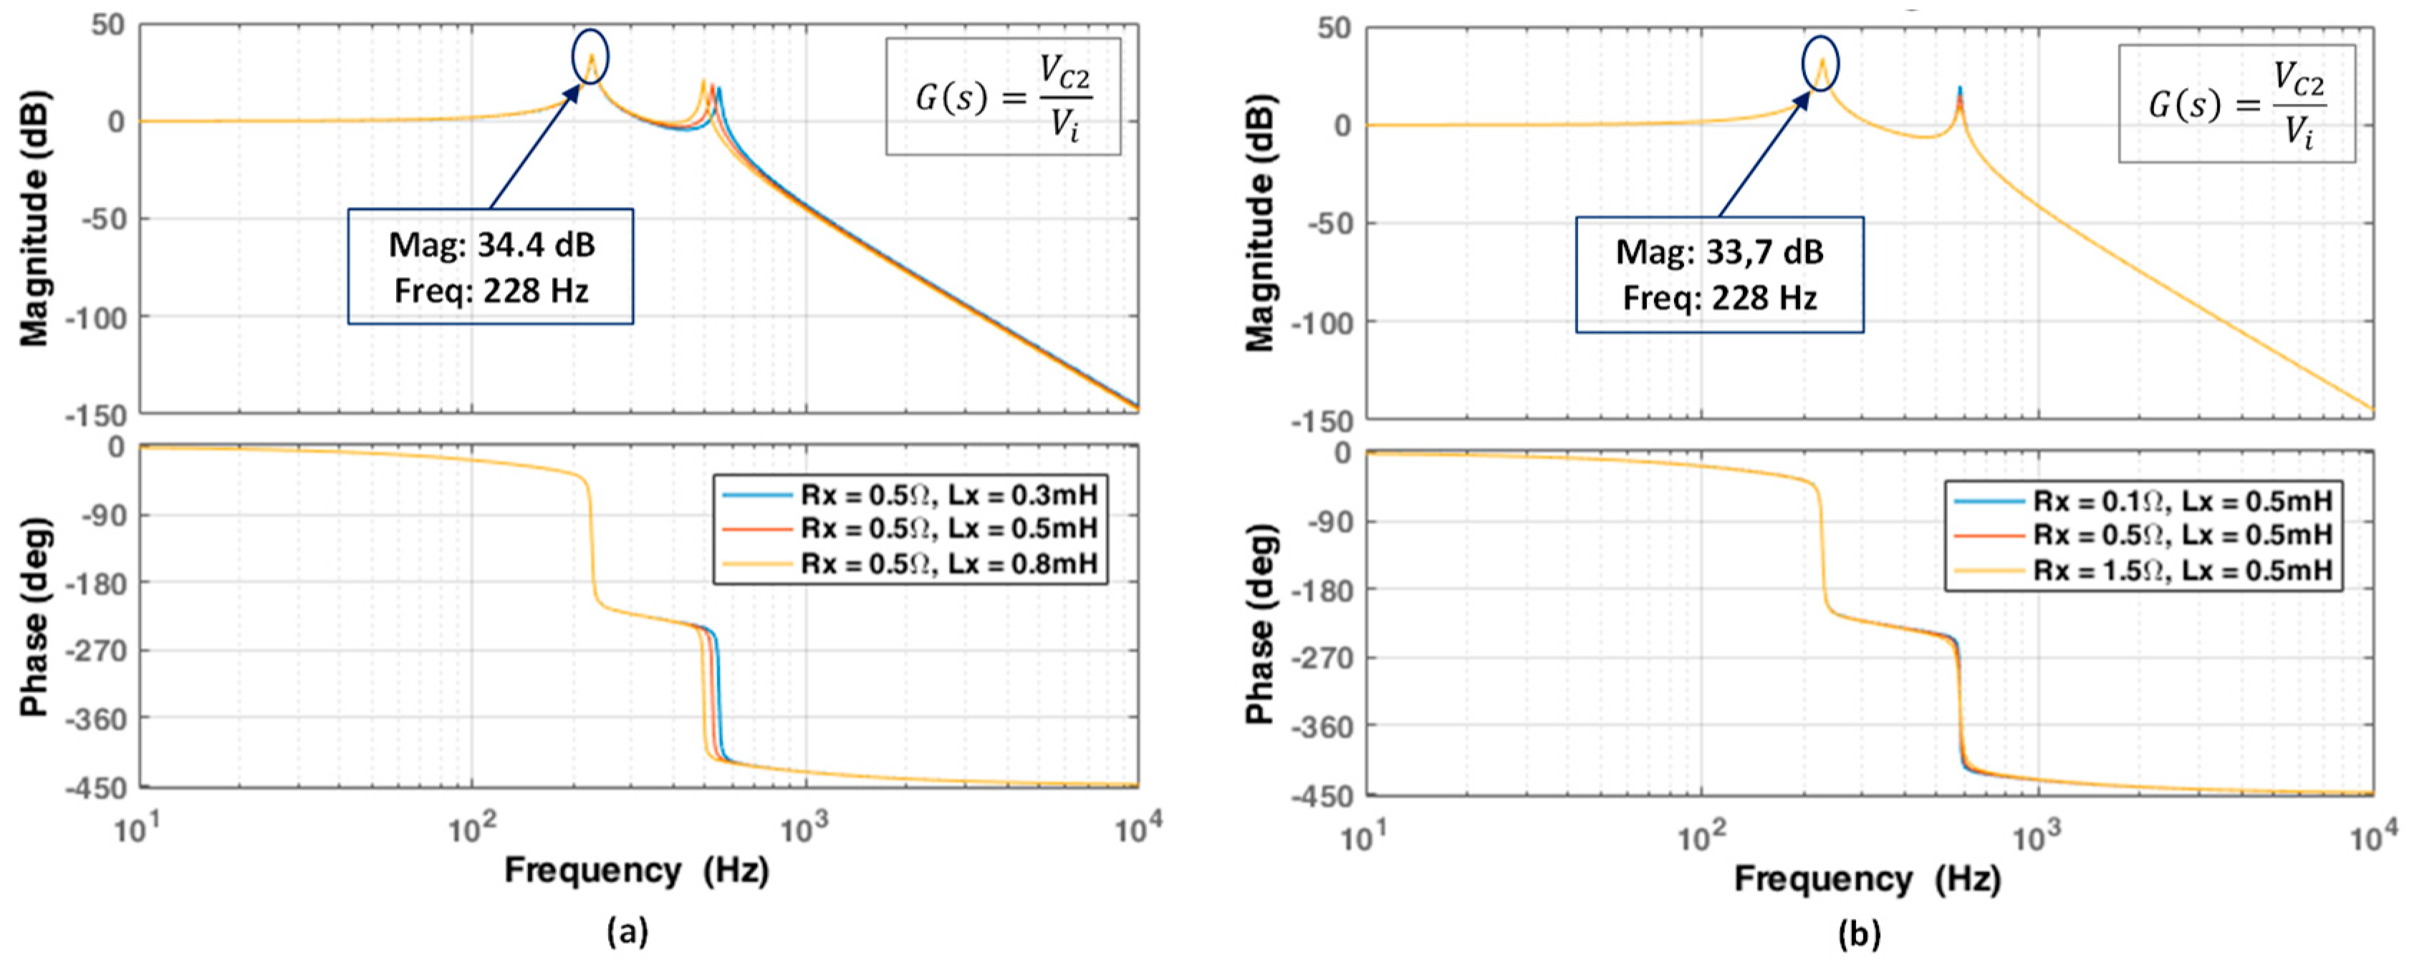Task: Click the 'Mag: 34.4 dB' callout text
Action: [491, 245]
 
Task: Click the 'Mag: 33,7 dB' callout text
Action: [1719, 253]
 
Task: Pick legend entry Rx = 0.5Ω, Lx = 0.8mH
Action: [947, 563]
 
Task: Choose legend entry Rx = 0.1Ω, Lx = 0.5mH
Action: [2182, 501]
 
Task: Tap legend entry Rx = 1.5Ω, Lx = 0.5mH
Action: [2182, 571]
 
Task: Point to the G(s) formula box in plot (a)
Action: [1003, 96]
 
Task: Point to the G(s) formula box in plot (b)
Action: [2236, 104]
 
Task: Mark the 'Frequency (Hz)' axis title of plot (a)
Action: [636, 871]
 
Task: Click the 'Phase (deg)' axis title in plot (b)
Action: [1260, 624]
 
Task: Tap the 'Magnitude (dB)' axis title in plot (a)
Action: [34, 218]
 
